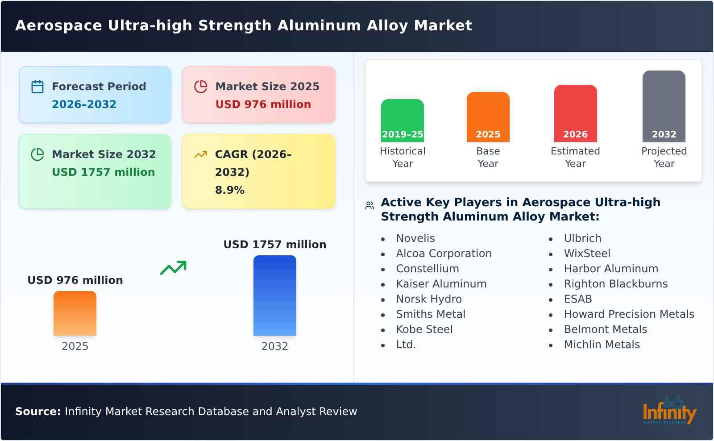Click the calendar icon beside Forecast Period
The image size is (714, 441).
click(x=37, y=87)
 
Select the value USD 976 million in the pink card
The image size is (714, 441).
click(x=263, y=104)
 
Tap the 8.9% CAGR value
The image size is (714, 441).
click(x=229, y=190)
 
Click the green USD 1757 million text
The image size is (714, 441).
click(x=103, y=172)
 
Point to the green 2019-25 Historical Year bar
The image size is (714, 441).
click(x=402, y=120)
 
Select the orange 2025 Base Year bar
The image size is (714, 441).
click(x=488, y=116)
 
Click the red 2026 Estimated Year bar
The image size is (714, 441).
click(x=575, y=113)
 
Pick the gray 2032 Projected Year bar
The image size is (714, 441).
click(x=664, y=106)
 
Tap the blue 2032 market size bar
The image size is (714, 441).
click(x=274, y=295)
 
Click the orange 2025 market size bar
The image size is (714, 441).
click(x=75, y=313)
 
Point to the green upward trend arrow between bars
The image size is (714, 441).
click(x=173, y=268)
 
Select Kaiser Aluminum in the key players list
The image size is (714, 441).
click(x=441, y=284)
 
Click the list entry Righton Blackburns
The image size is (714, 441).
click(x=615, y=284)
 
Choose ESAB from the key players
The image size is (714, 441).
click(x=577, y=299)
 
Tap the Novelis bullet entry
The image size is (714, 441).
click(x=415, y=238)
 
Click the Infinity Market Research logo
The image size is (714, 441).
click(x=669, y=411)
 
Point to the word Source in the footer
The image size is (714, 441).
click(x=37, y=412)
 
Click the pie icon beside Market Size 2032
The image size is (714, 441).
click(x=37, y=154)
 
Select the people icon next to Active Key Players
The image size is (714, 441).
click(x=369, y=205)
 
